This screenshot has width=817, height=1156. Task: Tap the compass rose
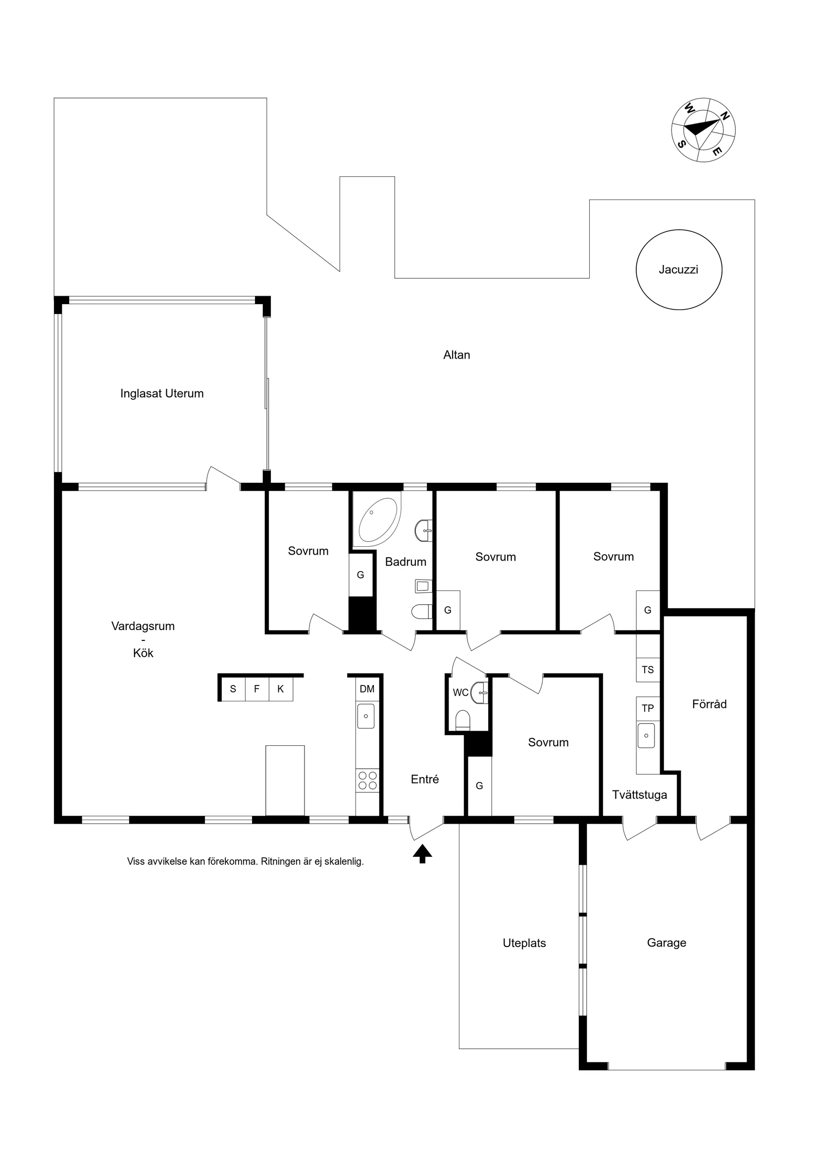(703, 130)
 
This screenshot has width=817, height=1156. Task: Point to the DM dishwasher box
(367, 689)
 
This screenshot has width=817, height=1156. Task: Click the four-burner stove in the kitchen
(367, 781)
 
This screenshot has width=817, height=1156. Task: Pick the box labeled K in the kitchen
(280, 689)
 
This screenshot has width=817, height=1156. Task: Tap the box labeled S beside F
(233, 689)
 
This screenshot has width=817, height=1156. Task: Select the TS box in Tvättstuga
(648, 670)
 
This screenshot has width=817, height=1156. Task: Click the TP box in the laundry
(648, 708)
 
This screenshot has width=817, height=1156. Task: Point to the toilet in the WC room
(462, 720)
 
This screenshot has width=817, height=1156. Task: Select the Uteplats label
(524, 943)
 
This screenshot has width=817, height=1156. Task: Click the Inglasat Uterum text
(161, 393)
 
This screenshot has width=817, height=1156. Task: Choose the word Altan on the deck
(457, 355)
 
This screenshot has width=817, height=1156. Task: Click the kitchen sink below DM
(366, 716)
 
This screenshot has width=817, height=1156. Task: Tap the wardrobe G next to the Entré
(479, 786)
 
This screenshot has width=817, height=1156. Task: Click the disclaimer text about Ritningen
(245, 861)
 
